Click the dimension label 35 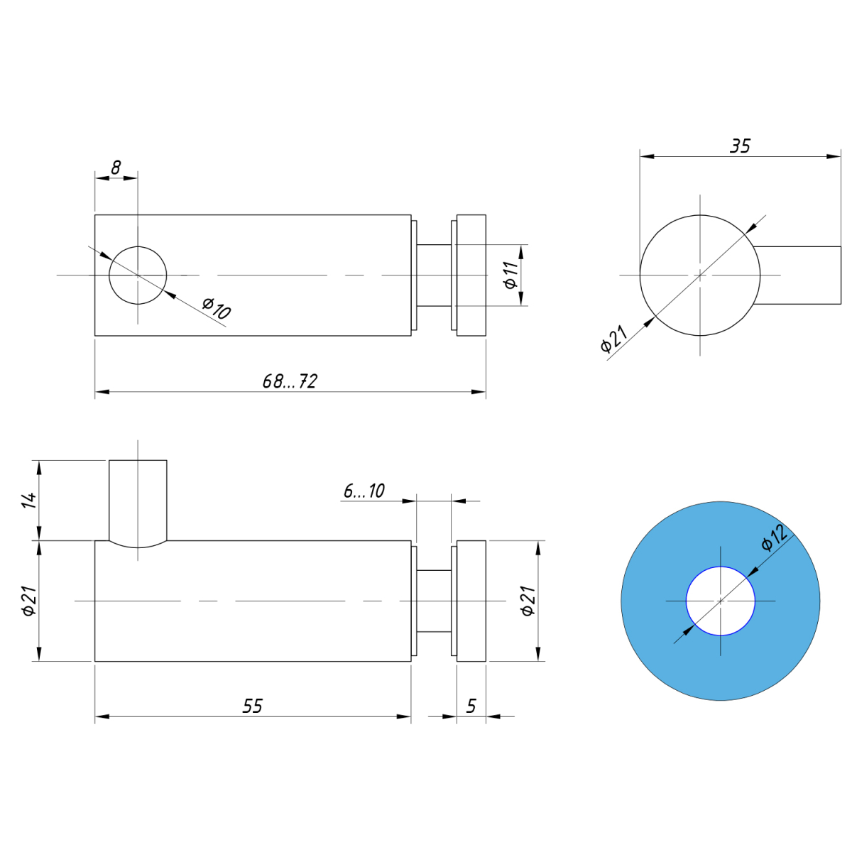click(x=740, y=146)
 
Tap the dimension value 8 click(x=116, y=168)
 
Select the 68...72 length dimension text click(x=290, y=381)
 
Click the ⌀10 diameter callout click(x=217, y=308)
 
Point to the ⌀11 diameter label click(x=510, y=275)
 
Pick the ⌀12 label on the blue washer click(x=774, y=537)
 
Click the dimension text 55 click(x=253, y=706)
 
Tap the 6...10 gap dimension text click(x=364, y=491)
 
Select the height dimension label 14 click(x=30, y=500)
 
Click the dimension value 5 click(x=471, y=706)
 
